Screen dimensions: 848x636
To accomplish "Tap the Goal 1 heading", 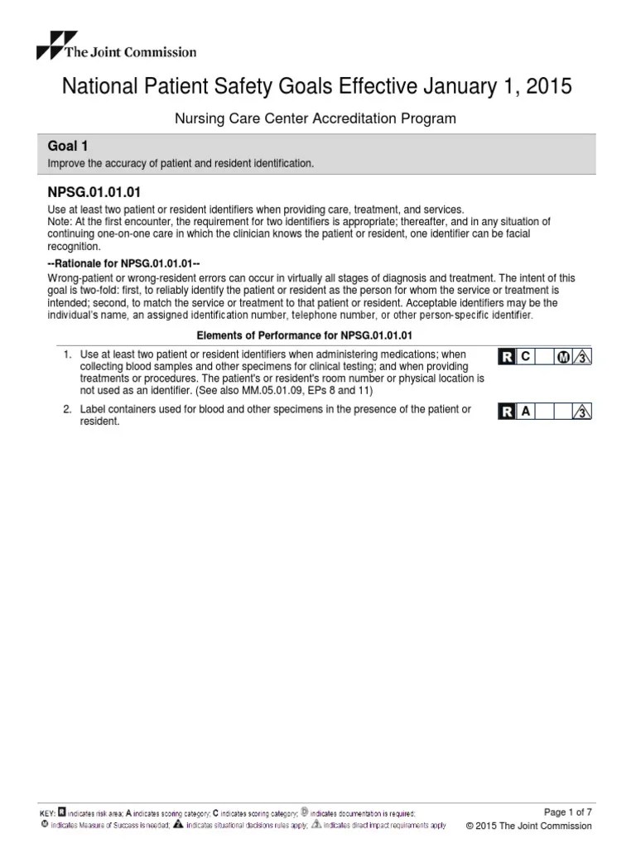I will (x=70, y=147).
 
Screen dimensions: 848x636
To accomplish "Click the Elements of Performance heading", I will (x=303, y=335).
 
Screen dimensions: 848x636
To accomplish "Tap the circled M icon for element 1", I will (x=564, y=357).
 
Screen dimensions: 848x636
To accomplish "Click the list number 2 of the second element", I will (x=67, y=410).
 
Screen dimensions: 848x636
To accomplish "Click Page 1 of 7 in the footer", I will (x=567, y=811).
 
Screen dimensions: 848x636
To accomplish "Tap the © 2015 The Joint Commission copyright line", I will (x=529, y=826).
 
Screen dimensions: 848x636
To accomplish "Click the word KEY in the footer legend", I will (x=47, y=814).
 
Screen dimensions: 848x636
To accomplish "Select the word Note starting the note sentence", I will (x=60, y=222).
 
